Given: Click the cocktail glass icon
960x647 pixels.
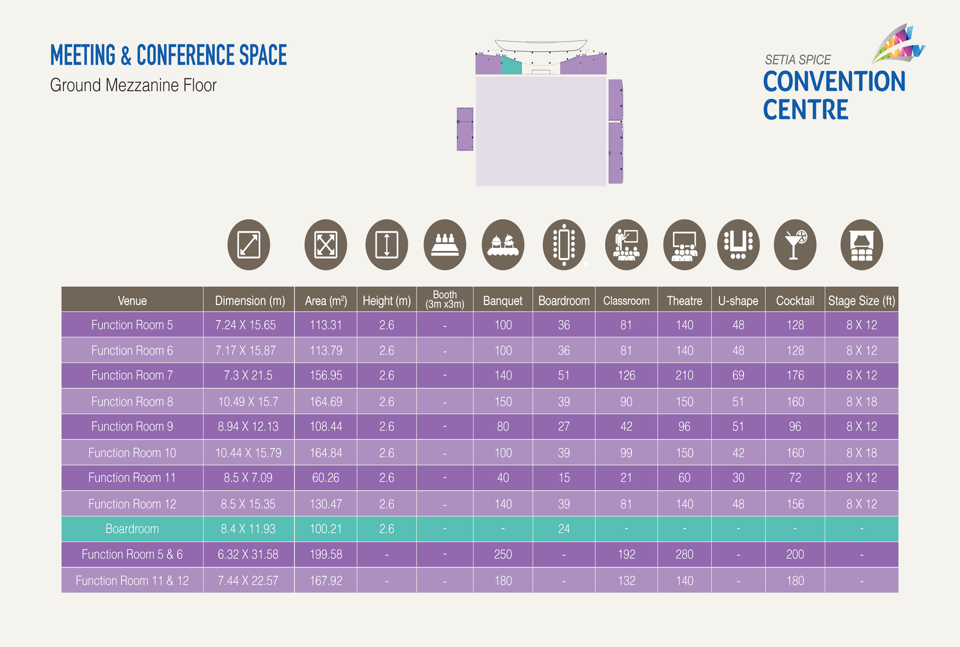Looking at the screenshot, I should click(x=795, y=245).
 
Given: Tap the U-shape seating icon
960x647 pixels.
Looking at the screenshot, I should click(x=738, y=245).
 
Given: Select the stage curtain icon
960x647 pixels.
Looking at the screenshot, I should click(x=861, y=245).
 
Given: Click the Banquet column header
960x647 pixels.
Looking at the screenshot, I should click(x=503, y=300).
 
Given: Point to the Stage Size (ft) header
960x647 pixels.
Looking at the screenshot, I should click(x=861, y=300).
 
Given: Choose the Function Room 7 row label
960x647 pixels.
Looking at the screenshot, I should click(x=132, y=375).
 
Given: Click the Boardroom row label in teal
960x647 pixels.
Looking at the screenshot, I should click(x=132, y=529).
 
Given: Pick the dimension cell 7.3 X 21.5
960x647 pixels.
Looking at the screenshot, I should click(x=248, y=375).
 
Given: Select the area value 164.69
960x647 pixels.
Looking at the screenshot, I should click(x=325, y=402).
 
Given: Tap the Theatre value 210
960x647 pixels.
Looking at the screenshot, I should click(x=684, y=375).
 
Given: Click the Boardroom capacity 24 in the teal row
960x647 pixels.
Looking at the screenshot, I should click(x=564, y=529).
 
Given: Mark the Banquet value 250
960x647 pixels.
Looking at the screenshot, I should click(x=503, y=554).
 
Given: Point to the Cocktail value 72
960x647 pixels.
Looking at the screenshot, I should click(x=795, y=477).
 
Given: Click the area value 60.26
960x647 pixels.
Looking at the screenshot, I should click(x=325, y=477).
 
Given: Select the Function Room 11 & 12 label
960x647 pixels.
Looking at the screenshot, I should click(x=132, y=580).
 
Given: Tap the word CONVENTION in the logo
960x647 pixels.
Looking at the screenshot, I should click(x=834, y=82).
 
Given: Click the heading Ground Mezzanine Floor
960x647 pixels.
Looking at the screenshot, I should click(x=133, y=85).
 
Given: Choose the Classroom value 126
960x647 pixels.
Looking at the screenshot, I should click(x=626, y=375).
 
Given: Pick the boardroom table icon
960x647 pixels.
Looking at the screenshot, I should click(x=564, y=245).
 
